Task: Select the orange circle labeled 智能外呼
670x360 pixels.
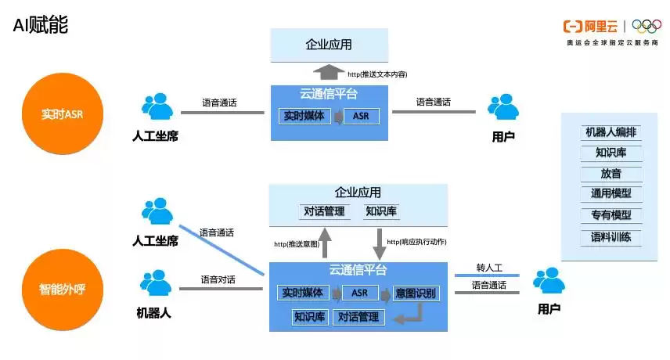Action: [62, 288]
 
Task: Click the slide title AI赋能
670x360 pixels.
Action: [40, 25]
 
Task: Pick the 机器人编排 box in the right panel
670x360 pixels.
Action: [611, 131]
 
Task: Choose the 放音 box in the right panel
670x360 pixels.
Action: [611, 173]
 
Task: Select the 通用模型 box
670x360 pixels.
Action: [611, 193]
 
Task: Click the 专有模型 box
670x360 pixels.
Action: [611, 214]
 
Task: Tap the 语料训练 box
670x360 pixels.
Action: [611, 236]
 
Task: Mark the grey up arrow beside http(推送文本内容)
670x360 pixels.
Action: [330, 74]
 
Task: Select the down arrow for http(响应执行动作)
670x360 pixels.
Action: [380, 244]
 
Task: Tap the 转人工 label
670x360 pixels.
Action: [488, 267]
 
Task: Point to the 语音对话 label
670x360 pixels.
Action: [218, 279]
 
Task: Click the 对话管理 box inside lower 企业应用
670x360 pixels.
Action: [323, 211]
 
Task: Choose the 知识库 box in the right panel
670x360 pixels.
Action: [611, 152]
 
